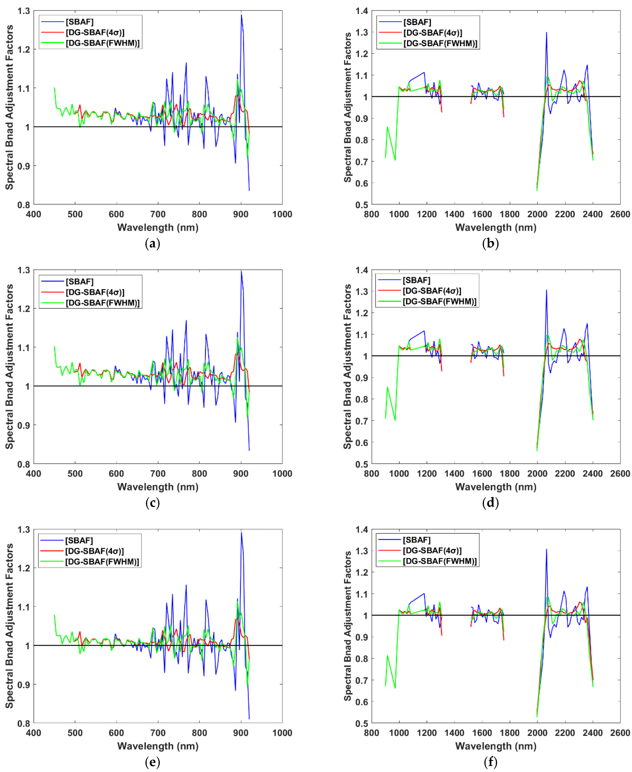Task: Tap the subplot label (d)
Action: coord(490,503)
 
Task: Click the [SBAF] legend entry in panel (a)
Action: coord(79,22)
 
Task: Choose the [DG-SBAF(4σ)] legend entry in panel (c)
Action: coord(95,292)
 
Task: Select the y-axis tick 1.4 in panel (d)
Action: coord(362,270)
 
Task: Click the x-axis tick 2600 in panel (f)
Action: coord(620,733)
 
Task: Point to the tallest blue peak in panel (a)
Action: coord(241,15)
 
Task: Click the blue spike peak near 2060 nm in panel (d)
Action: coord(546,290)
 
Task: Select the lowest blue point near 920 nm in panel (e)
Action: coord(249,719)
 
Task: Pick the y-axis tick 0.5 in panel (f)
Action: coord(362,723)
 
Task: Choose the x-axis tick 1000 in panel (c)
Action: coord(282,474)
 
